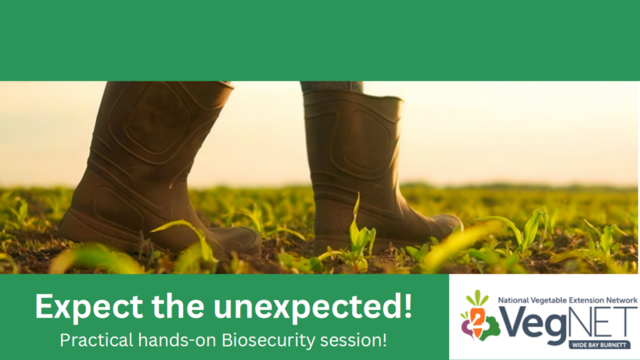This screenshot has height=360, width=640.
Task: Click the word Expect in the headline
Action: point(89,307)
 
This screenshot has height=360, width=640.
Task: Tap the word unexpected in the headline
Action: point(307,306)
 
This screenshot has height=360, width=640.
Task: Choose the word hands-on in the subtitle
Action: point(177,340)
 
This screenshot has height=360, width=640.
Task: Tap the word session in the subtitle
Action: point(351,341)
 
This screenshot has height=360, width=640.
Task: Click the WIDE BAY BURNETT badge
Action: point(599,345)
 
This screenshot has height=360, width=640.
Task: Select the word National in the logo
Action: point(513,301)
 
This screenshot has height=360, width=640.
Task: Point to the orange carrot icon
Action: point(477,321)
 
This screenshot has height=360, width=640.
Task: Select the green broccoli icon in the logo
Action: point(490,329)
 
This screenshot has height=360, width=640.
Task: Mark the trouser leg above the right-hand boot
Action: point(331,86)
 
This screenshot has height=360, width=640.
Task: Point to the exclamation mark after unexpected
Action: point(407,305)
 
